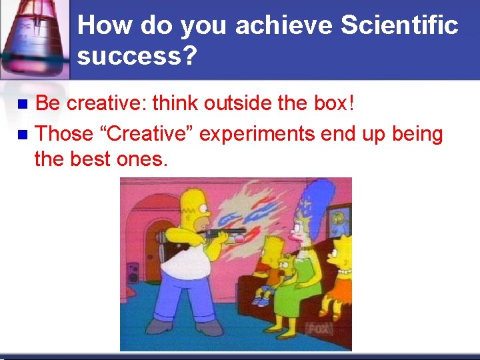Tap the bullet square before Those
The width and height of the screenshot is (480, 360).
point(22,135)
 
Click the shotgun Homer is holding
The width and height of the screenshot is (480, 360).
point(220,233)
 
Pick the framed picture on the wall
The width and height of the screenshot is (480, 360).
point(341,217)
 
